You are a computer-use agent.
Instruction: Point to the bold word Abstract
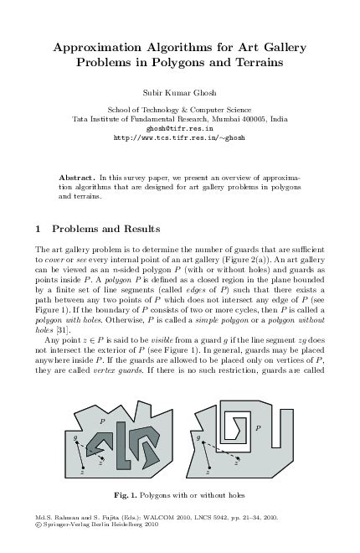tap(76, 178)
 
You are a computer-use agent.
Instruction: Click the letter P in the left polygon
tap(102, 420)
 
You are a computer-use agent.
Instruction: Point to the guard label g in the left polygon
tap(75, 437)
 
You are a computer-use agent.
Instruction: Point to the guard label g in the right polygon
tap(199, 437)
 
